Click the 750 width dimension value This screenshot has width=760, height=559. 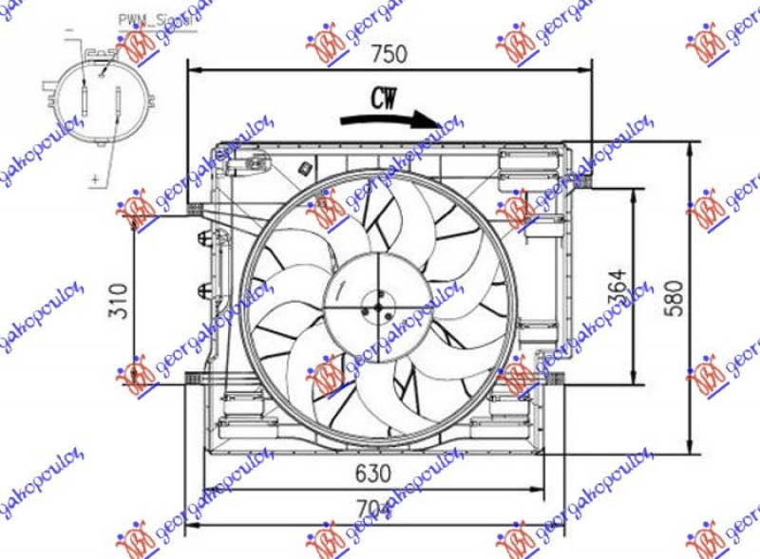(389, 53)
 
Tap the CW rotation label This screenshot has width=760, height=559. (384, 97)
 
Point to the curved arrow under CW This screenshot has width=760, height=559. (389, 119)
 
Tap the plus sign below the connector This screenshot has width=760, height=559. (95, 177)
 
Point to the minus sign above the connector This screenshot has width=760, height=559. (69, 32)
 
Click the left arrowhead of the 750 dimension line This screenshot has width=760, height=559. (193, 68)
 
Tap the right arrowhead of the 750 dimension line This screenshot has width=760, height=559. (586, 68)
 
